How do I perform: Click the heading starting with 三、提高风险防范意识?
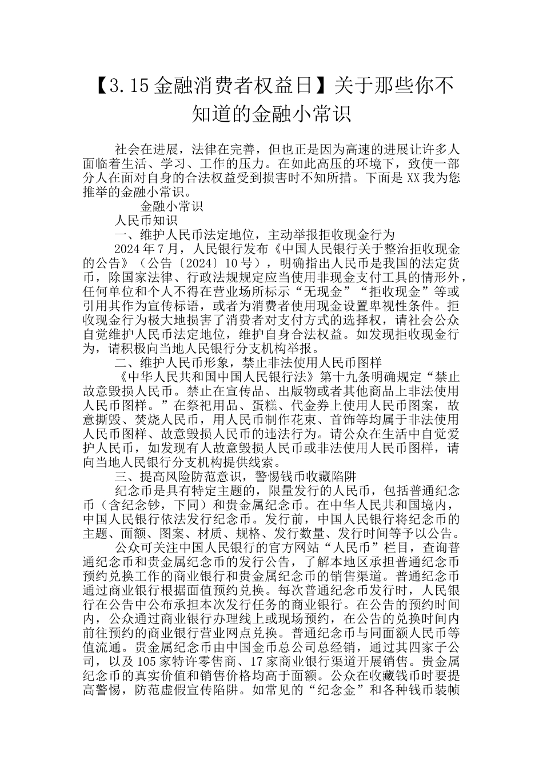point(235,477)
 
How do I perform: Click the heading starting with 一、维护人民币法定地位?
point(255,235)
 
